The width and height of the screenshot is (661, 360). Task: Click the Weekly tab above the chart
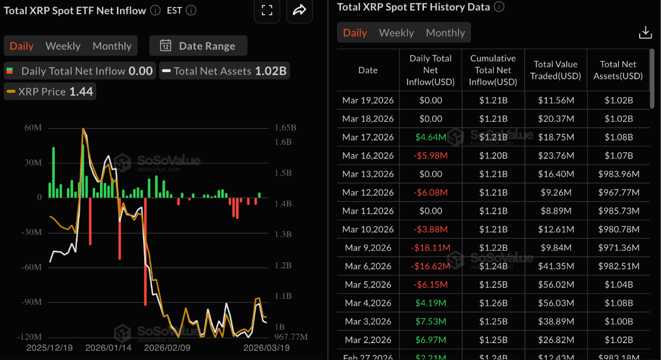[x=63, y=46]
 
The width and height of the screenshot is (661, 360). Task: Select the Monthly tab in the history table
[x=445, y=33]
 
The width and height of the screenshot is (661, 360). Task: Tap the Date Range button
[x=198, y=46]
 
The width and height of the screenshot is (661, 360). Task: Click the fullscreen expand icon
[x=267, y=10]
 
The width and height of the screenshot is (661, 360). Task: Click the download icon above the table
[x=645, y=33]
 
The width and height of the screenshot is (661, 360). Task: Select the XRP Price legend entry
[x=50, y=91]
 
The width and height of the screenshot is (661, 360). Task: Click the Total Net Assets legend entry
[x=225, y=71]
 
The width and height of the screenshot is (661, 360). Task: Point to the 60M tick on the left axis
[x=33, y=128]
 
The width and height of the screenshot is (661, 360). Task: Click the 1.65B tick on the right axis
[x=285, y=128]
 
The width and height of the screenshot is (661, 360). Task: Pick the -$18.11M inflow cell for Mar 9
[x=430, y=247]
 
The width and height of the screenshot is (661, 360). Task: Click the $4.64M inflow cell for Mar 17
[x=430, y=137]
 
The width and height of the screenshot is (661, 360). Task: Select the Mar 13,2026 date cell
[x=368, y=174]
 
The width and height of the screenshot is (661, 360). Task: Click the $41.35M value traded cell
[x=556, y=266]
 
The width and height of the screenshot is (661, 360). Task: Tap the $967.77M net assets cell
[x=618, y=192]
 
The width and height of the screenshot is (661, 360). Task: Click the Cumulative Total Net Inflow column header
[x=493, y=70]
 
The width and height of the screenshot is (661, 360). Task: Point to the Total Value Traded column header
[x=556, y=70]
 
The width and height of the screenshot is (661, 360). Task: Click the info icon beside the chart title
[x=155, y=10]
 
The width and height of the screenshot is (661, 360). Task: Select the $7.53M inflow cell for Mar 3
[x=430, y=321]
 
